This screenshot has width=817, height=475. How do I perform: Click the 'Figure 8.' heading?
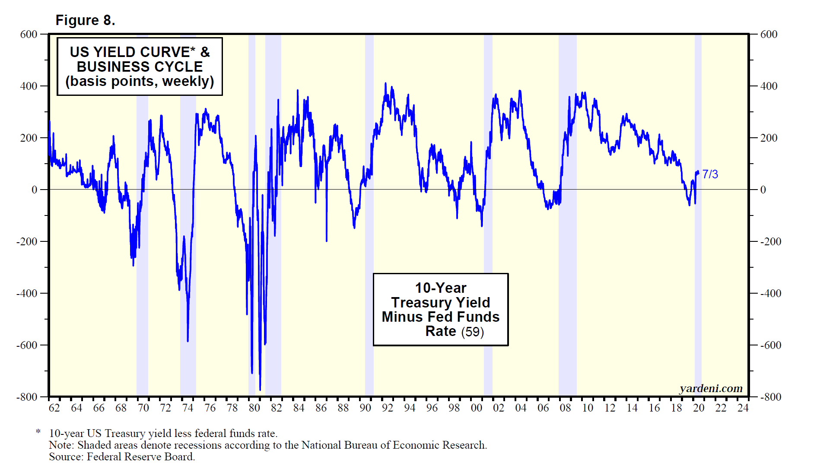[x=85, y=20]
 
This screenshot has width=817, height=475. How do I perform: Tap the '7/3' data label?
[x=710, y=174]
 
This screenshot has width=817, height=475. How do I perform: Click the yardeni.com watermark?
[x=711, y=389]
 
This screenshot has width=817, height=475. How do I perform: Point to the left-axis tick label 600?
[x=29, y=35]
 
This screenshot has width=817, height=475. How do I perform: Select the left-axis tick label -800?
[x=27, y=397]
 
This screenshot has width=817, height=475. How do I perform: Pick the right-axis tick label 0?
[x=763, y=190]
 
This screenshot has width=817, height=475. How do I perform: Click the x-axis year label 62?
[x=54, y=408]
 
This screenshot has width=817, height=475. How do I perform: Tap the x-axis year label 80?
[x=254, y=408]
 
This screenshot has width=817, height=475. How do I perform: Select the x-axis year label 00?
[x=476, y=408]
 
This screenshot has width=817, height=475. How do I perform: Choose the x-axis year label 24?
[x=743, y=408]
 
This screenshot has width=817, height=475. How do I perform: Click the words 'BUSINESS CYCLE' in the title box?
[x=140, y=67]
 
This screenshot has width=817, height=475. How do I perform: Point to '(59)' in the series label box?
[x=472, y=332]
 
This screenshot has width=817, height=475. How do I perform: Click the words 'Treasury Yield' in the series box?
[x=440, y=303]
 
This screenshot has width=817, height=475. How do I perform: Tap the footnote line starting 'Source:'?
[x=122, y=457]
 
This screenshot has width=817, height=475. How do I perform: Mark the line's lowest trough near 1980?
[x=260, y=389]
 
